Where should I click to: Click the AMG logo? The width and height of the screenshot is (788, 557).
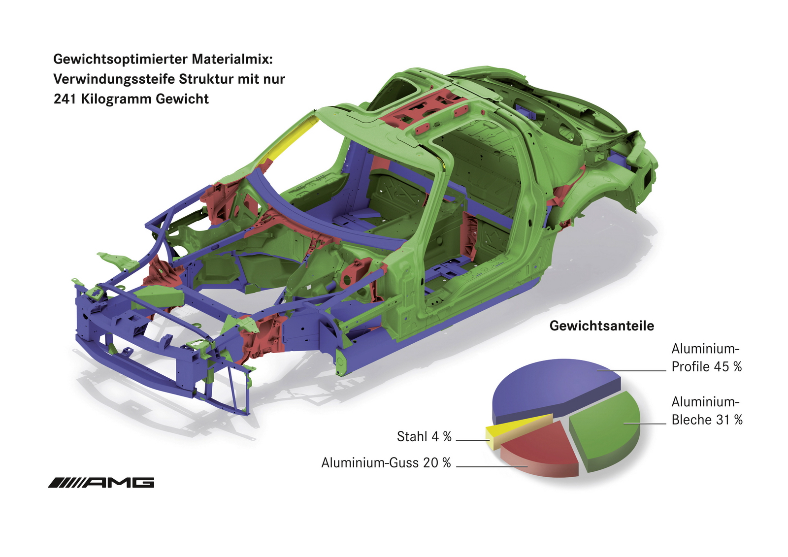101,483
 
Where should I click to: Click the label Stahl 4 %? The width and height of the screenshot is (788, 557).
424,437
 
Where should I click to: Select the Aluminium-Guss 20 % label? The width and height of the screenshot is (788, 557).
386,463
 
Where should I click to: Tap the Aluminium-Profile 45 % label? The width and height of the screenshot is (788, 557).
706,358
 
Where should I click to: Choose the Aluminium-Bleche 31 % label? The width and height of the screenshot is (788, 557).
707,411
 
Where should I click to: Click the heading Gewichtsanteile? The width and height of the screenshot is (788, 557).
601,326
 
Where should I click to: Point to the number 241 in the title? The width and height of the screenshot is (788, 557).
65,99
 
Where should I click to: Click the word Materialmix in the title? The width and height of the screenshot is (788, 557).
232,59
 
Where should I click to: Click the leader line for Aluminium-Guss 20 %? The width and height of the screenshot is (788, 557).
492,466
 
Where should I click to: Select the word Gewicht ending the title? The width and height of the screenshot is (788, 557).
182,99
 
